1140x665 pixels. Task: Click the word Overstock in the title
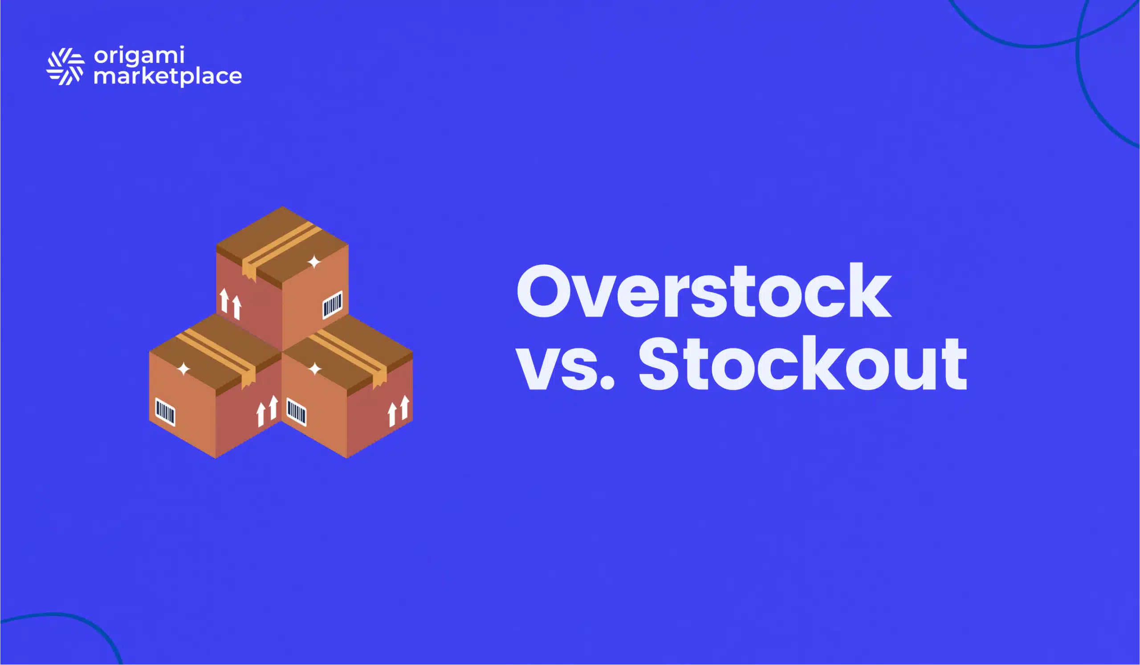click(704, 291)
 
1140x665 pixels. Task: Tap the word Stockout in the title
click(802, 363)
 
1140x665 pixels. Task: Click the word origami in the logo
click(139, 56)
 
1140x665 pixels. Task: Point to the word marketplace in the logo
click(167, 76)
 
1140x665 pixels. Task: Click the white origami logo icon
click(65, 66)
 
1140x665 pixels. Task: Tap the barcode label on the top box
click(332, 305)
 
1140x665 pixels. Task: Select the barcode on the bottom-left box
click(165, 412)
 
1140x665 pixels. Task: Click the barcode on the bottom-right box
click(296, 412)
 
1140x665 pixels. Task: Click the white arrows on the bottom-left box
click(267, 411)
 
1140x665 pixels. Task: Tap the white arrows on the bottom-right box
click(399, 411)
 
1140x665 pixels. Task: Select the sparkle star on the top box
click(314, 261)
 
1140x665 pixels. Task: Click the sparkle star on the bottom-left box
click(183, 369)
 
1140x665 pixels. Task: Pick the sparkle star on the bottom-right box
click(315, 369)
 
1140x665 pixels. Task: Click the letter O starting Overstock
click(545, 291)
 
